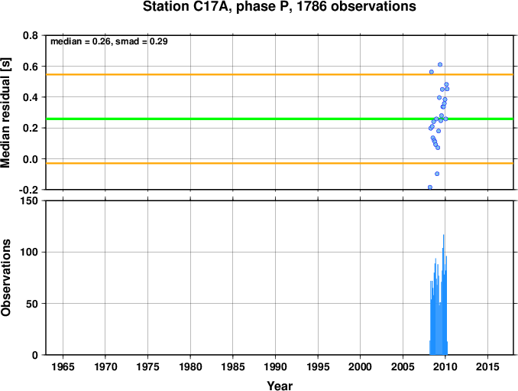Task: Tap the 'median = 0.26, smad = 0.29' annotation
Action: tap(109, 41)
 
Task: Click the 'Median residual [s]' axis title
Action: tap(5, 112)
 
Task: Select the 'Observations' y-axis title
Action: tap(5, 278)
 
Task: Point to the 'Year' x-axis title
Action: tap(280, 386)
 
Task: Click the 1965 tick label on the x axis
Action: tap(63, 367)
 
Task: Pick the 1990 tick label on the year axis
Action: tap(275, 367)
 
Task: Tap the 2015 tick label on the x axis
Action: tap(487, 367)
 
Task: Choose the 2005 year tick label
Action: tap(403, 367)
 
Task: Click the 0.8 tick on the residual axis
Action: tap(31, 35)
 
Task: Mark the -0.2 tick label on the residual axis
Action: tap(28, 190)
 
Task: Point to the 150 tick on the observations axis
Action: tap(29, 200)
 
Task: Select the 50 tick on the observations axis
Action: tap(32, 304)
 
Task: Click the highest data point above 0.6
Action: tap(440, 64)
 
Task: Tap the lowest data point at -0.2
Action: tap(430, 187)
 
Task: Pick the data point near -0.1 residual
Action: tap(437, 174)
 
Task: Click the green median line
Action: tap(280, 119)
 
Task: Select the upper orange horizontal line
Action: tap(280, 74)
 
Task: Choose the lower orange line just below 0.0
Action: tap(280, 163)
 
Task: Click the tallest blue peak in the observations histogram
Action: tap(443, 236)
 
